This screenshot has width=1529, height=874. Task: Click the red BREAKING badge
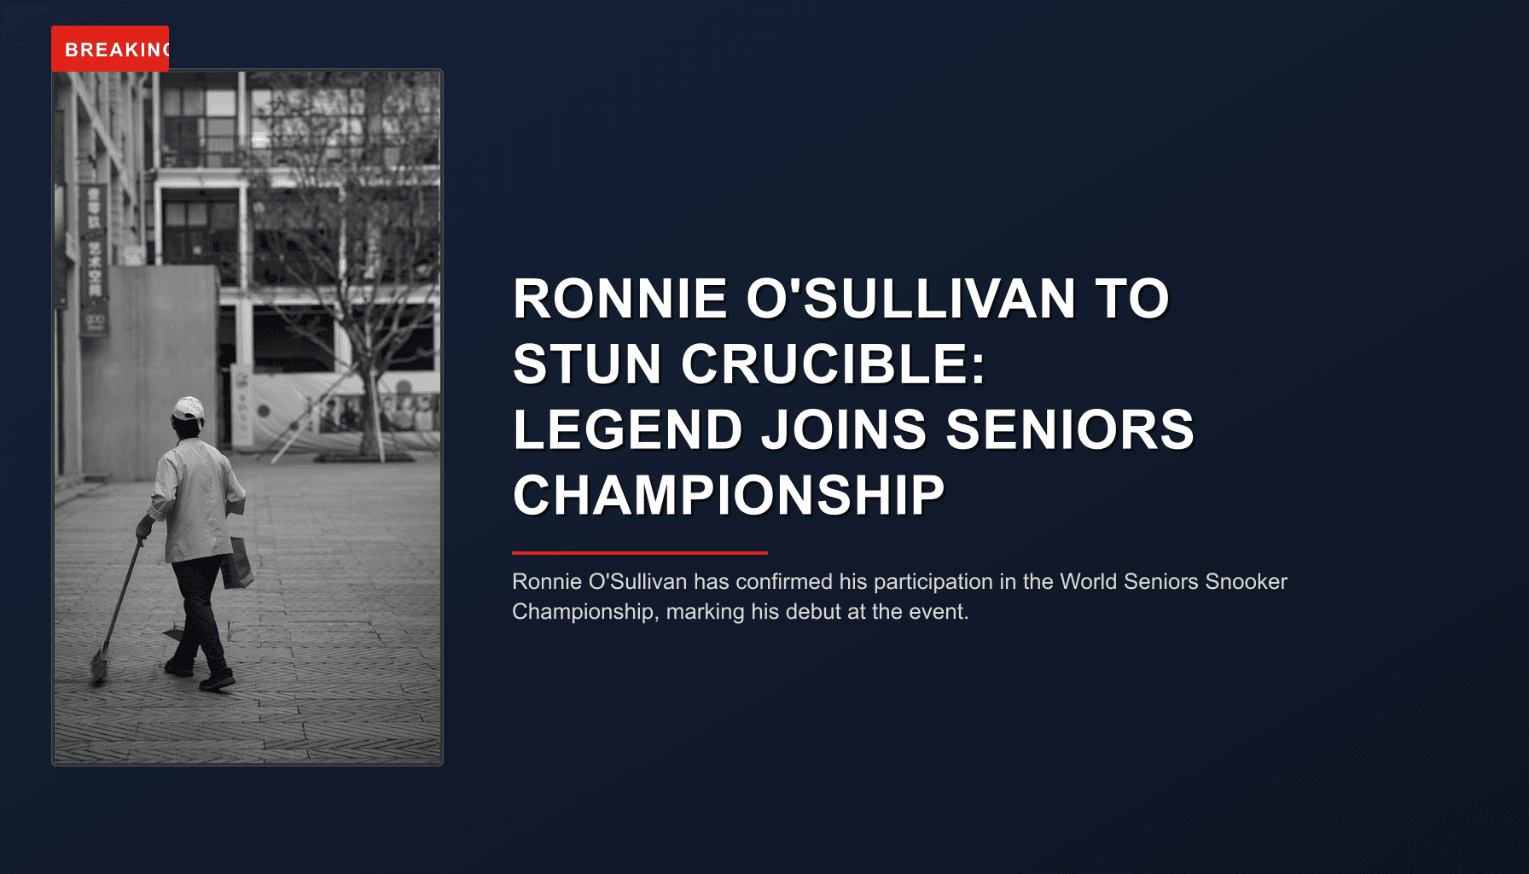tap(110, 49)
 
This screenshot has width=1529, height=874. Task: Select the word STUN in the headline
tap(587, 364)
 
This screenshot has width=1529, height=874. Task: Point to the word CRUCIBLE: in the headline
tap(833, 364)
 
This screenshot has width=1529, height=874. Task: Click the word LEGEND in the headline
tap(628, 429)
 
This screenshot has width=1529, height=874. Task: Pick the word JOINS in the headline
tap(843, 429)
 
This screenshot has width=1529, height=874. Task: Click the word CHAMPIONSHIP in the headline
tap(729, 495)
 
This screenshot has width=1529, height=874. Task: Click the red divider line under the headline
tap(640, 553)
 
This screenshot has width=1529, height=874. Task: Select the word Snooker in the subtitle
tap(1246, 582)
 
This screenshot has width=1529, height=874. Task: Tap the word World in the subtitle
tap(1089, 582)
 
